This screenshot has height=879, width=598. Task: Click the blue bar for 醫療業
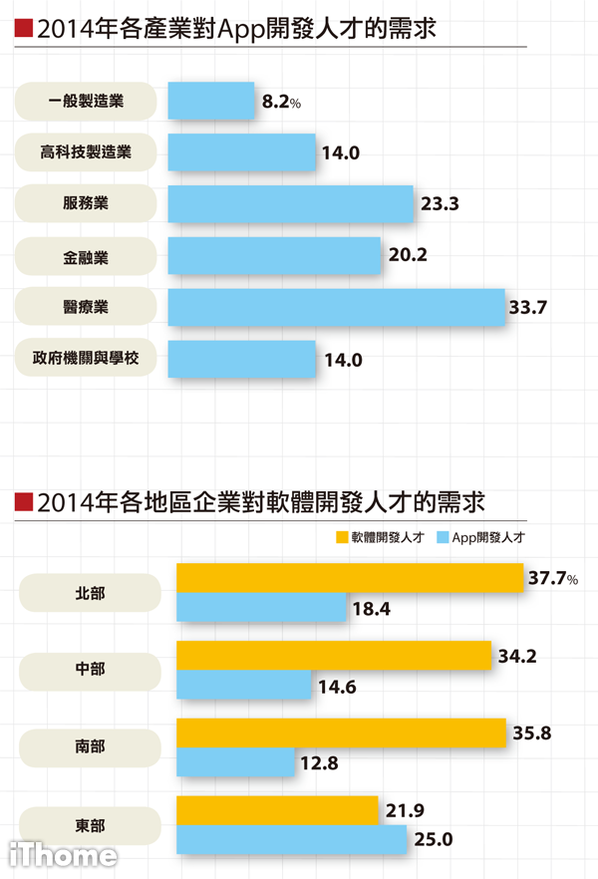[x=337, y=307]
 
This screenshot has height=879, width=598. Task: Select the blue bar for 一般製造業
[x=211, y=101]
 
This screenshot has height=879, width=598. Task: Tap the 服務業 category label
[x=87, y=204]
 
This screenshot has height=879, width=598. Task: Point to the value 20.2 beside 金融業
[x=408, y=255]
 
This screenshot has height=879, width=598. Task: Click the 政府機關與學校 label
[x=87, y=359]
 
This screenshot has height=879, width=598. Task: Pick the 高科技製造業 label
[x=87, y=152]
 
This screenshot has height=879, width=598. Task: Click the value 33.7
[x=528, y=307]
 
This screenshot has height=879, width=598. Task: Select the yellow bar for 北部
[x=349, y=578]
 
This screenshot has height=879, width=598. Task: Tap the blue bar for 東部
[x=291, y=839]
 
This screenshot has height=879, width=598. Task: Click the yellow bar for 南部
[x=340, y=732]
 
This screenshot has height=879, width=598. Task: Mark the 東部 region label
[x=90, y=825]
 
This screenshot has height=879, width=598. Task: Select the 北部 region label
[x=90, y=593]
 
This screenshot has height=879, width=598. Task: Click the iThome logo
[x=62, y=855]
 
